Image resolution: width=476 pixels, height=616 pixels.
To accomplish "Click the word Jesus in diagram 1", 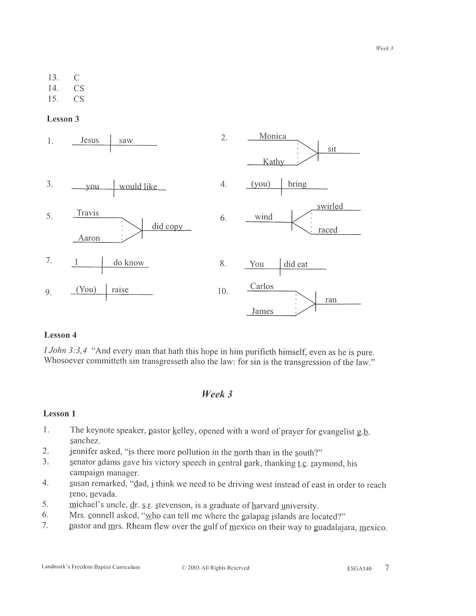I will [90, 140].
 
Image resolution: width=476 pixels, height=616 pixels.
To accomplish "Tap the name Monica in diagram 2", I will [272, 136].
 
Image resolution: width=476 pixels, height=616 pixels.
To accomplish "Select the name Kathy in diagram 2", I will [273, 161].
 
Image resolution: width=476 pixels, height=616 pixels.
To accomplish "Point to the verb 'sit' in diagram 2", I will [332, 149].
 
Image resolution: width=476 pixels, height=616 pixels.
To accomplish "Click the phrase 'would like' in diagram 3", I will [138, 186].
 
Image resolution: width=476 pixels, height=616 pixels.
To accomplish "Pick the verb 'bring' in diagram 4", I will [297, 184].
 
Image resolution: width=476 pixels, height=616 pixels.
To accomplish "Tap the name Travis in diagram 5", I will [88, 213].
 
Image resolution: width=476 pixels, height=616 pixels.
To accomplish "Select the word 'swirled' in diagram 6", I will [330, 206].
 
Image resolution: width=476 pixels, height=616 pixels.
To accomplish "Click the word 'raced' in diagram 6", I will [328, 230].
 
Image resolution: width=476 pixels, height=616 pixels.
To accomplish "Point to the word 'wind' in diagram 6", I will [264, 217].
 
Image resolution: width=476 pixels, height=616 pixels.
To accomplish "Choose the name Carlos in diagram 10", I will [262, 286].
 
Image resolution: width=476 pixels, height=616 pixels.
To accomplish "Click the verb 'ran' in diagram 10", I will [331, 300].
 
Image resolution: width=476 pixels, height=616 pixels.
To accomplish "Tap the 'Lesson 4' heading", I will [60, 335].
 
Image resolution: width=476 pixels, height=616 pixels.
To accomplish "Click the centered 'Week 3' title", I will [217, 394].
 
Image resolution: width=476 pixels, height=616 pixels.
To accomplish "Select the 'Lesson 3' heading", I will [63, 119].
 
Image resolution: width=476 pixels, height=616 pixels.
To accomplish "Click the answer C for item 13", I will [76, 78].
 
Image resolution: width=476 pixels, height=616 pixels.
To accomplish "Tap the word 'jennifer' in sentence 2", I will [84, 452].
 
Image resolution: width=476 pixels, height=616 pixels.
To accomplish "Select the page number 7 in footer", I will [387, 568].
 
